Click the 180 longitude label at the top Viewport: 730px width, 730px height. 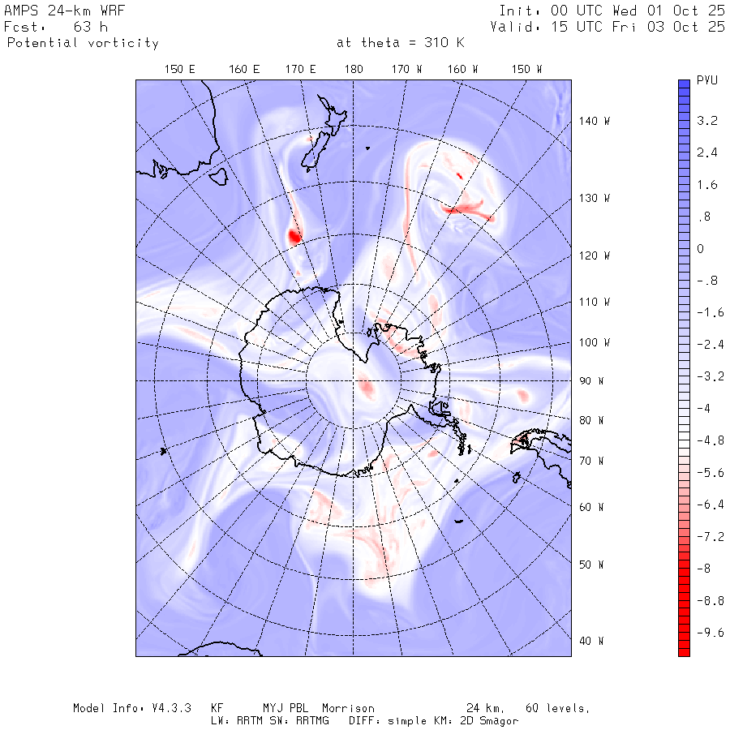[x=353, y=70]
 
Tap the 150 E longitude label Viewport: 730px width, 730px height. [x=180, y=70]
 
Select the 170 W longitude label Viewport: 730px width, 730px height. [x=407, y=70]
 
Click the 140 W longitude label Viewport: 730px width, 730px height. [x=595, y=121]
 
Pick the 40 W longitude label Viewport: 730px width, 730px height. [x=590, y=641]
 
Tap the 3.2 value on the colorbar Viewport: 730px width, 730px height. [x=706, y=121]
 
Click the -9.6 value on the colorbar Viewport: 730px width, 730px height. [x=710, y=633]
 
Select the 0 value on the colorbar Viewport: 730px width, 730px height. [x=700, y=249]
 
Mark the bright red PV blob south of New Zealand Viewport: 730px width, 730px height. [x=294, y=237]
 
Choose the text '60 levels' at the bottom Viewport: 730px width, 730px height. [x=556, y=708]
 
